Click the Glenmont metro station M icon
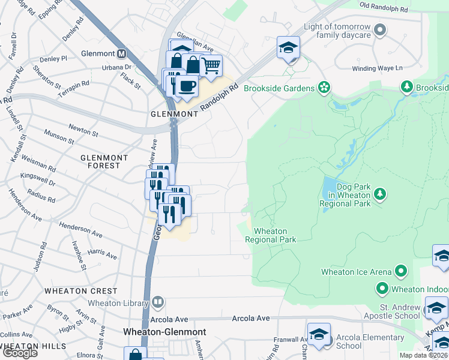tap(122, 53)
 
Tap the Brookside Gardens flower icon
tap(324, 88)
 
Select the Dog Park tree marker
tap(379, 194)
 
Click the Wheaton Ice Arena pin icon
tap(400, 272)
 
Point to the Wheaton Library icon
tap(158, 301)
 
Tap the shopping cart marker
tap(211, 65)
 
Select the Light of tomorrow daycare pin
tap(379, 29)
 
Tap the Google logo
tap(19, 353)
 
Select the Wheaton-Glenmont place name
tap(164, 332)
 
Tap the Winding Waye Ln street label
tap(376, 68)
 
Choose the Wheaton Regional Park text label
tap(271, 235)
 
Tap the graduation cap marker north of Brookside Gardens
tap(288, 47)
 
